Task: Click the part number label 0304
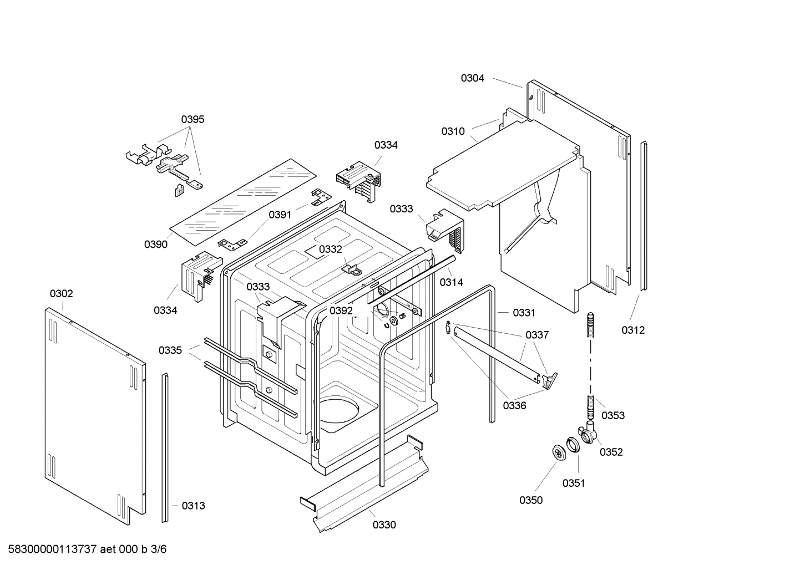[x=472, y=78]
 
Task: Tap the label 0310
[x=453, y=131]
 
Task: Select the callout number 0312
[x=633, y=330]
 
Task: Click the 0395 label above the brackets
[x=193, y=119]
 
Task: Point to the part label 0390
[x=156, y=245]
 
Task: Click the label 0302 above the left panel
[x=61, y=293]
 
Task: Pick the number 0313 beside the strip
[x=193, y=505]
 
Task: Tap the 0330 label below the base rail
[x=384, y=525]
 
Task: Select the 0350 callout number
[x=531, y=500]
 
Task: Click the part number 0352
[x=611, y=452]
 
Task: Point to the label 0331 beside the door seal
[x=524, y=313]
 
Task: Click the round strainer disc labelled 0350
[x=559, y=452]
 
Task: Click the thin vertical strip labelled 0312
[x=644, y=216]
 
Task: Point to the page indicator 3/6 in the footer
[x=158, y=549]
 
